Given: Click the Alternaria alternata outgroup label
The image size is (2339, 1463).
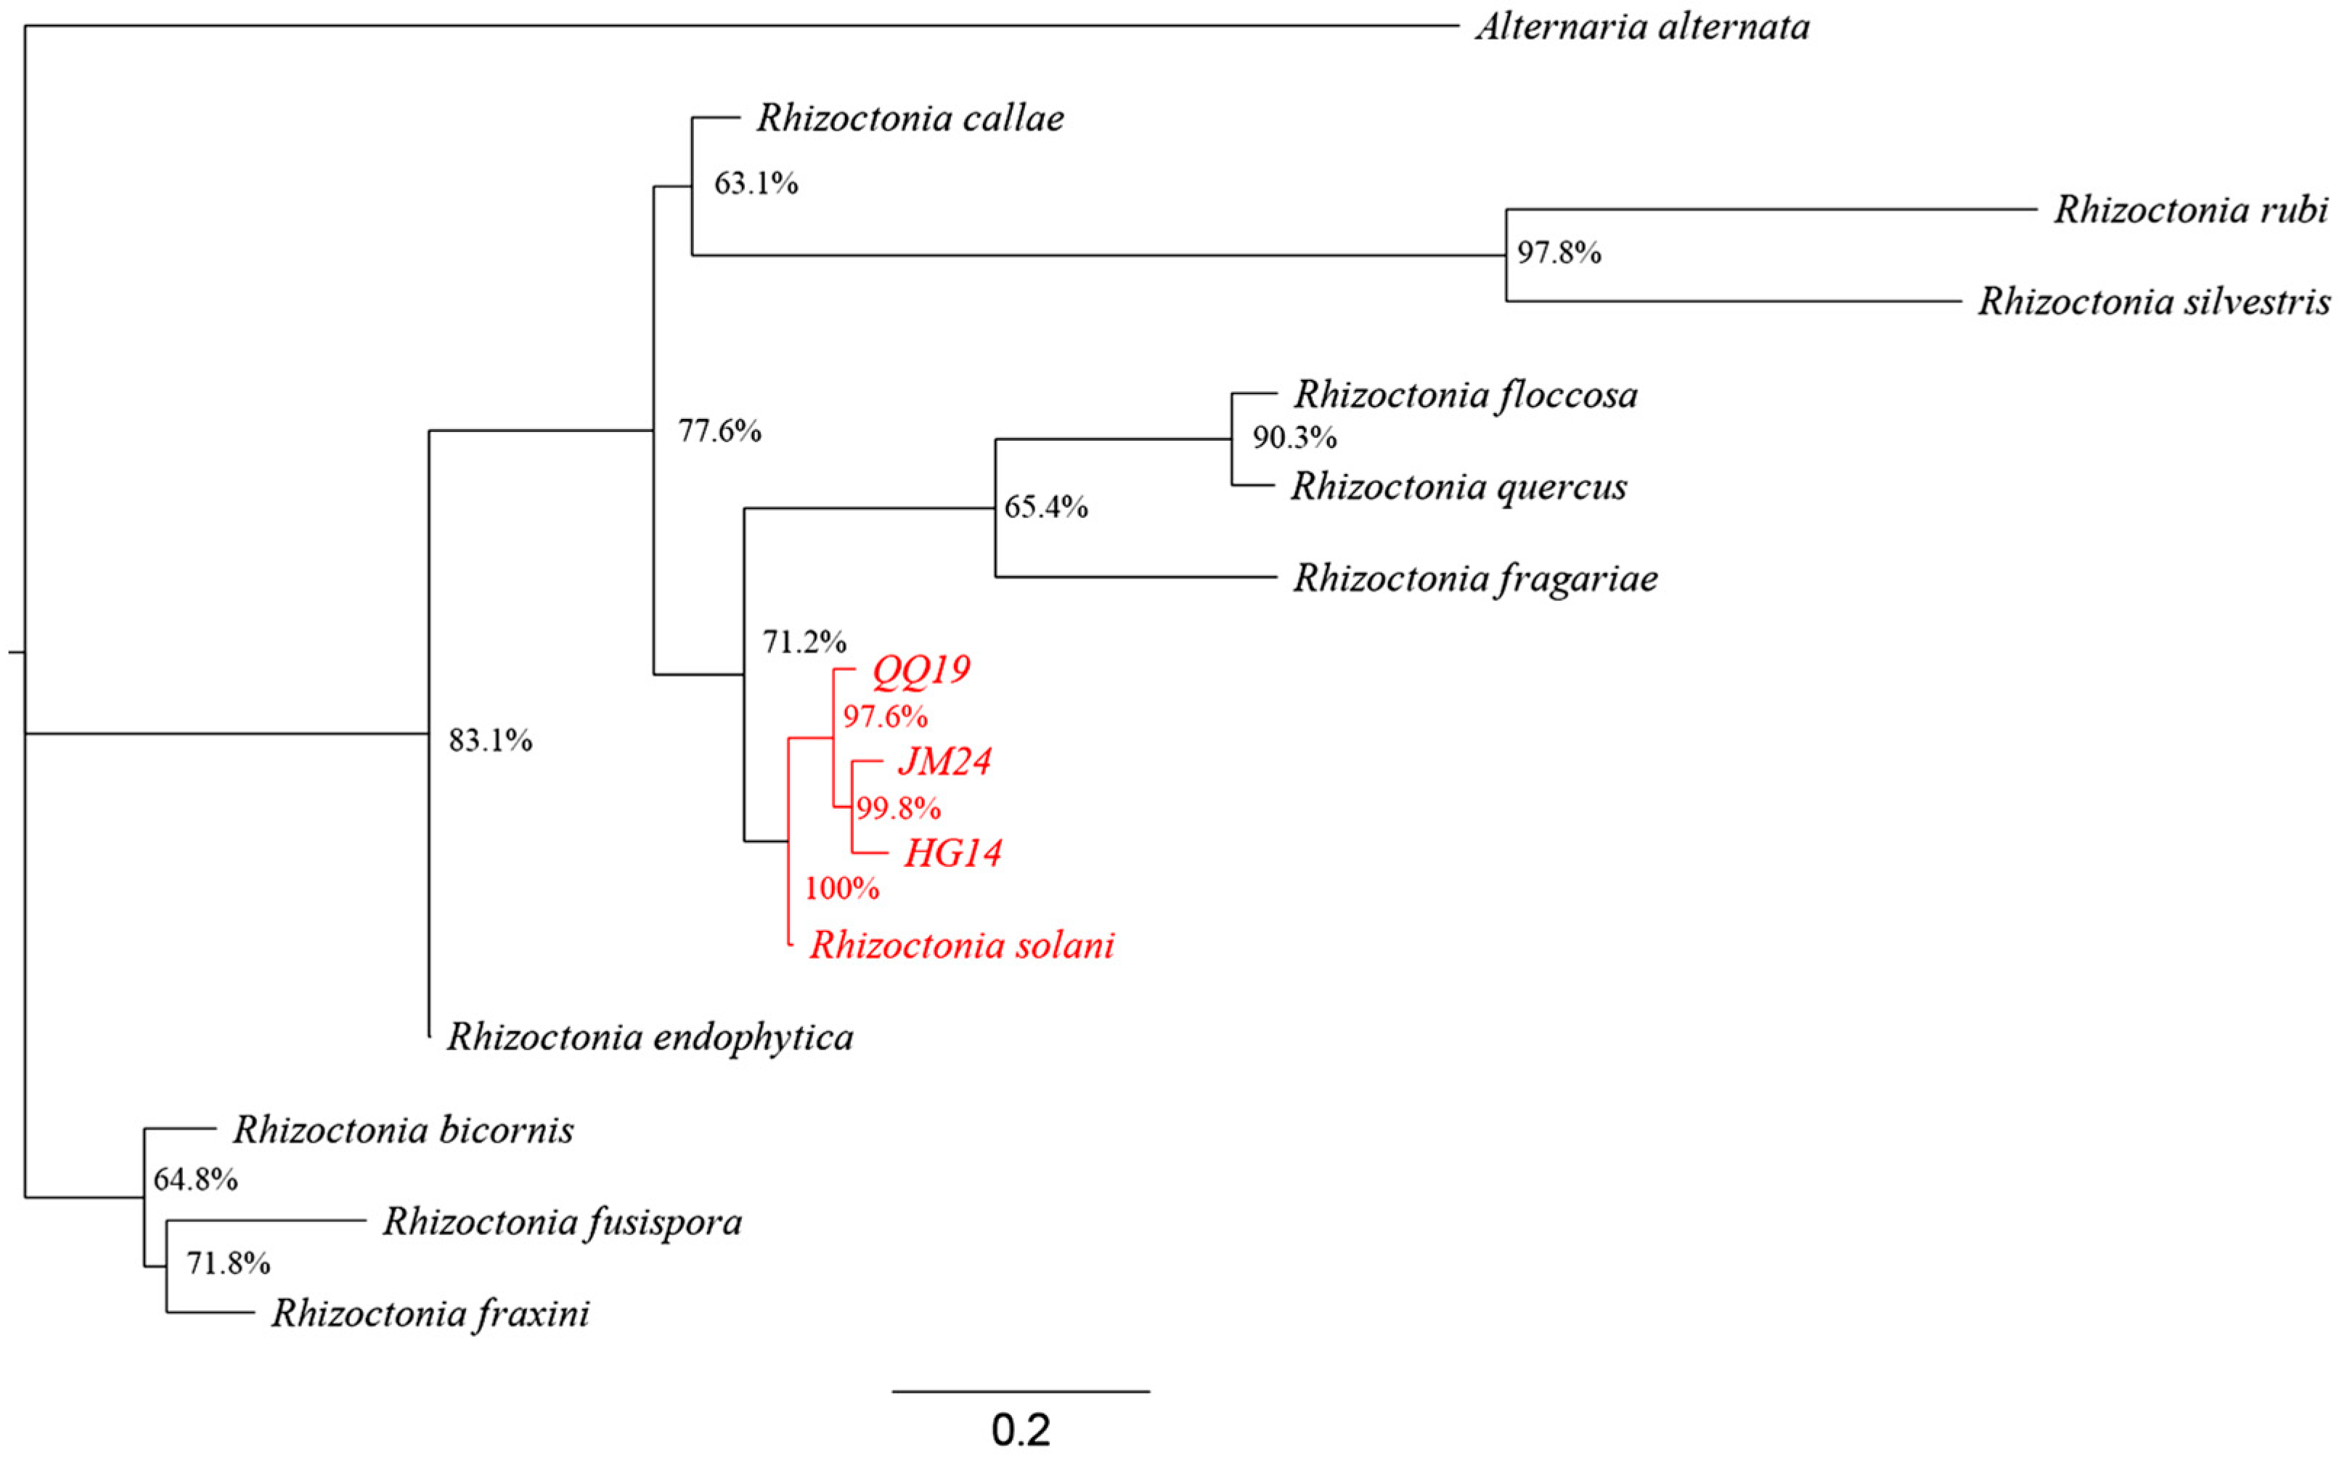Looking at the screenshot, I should [1641, 26].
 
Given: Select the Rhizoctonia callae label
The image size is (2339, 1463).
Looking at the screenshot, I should [910, 118].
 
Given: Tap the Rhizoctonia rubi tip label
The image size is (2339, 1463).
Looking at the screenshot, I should [2190, 209].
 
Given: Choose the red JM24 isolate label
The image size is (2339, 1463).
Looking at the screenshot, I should [944, 762].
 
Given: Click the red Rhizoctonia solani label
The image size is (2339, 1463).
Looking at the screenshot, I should [962, 945].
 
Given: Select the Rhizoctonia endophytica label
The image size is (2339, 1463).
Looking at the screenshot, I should [649, 1038].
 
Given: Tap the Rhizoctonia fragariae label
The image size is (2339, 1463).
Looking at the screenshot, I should [1475, 578].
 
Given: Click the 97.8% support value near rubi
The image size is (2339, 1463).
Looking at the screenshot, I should [1559, 253].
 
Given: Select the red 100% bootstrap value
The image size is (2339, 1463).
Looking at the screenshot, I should [841, 888].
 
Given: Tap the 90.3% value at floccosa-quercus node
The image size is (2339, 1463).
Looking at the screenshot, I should [1294, 439].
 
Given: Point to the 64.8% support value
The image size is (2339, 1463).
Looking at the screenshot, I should [195, 1180].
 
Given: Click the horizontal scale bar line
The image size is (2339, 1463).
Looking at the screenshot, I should [1021, 1391].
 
